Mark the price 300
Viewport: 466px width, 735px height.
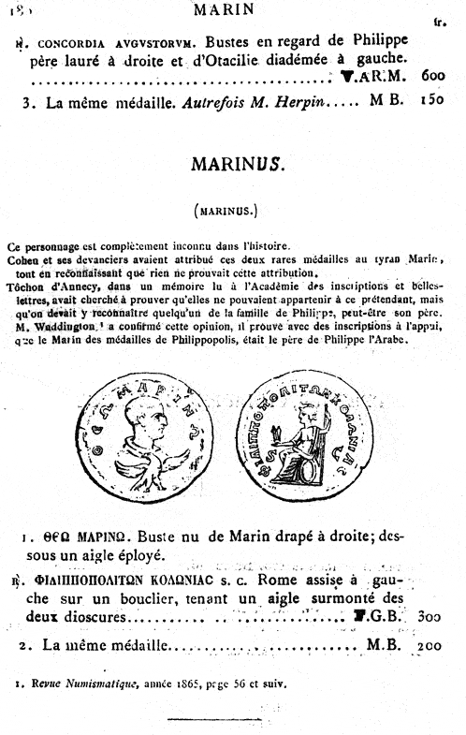point(431,618)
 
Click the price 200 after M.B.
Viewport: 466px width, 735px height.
point(431,646)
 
